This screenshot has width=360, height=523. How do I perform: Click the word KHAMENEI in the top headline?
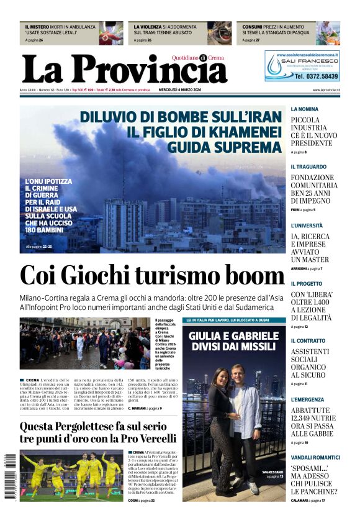coord(244,132)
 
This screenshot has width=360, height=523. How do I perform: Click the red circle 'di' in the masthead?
coord(202,58)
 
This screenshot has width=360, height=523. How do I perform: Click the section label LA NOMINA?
coord(304,109)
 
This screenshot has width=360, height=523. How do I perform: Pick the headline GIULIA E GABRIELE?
coord(234,336)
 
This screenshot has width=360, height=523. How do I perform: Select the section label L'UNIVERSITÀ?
coord(307,225)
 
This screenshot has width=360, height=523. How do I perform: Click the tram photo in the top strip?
coord(220,33)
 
